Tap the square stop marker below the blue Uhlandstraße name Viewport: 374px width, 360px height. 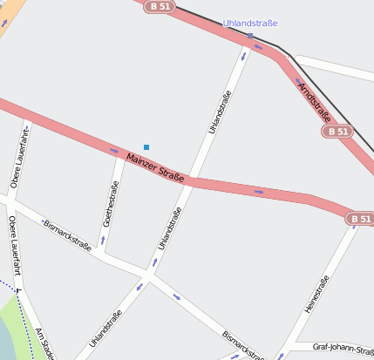click(x=249, y=36)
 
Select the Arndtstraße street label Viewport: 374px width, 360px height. click(x=315, y=102)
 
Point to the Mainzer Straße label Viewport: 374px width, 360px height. click(x=155, y=167)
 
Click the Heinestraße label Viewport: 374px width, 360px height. click(x=316, y=299)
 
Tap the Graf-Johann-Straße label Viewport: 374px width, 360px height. click(x=343, y=347)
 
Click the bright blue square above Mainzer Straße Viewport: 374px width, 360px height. click(x=146, y=147)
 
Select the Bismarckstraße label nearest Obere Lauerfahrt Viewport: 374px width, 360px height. click(x=68, y=234)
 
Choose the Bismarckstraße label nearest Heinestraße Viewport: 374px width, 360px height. click(x=242, y=345)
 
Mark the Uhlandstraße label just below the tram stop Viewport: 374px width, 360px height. click(x=220, y=112)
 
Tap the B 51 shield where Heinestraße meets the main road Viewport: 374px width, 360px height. click(x=360, y=219)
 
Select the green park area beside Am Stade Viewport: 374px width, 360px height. click(x=13, y=327)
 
